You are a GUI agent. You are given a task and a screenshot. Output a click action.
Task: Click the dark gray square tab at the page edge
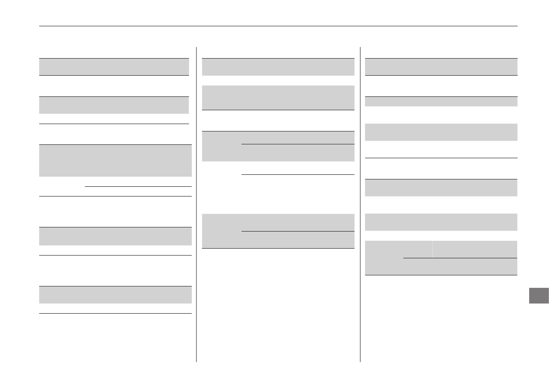(x=538, y=296)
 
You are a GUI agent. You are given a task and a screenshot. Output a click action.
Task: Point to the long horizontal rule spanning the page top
(x=278, y=26)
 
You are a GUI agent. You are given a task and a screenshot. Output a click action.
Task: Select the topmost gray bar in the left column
(x=114, y=66)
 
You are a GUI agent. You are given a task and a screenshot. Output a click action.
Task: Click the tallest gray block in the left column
(x=115, y=161)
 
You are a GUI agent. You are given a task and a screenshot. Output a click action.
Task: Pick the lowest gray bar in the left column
(x=115, y=295)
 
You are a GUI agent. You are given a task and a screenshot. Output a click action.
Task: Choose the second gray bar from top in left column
(x=114, y=105)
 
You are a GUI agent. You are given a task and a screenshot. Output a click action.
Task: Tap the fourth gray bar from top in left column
(x=115, y=236)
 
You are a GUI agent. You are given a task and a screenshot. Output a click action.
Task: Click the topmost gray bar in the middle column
(x=278, y=67)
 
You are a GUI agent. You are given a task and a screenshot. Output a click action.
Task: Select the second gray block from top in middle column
(x=278, y=97)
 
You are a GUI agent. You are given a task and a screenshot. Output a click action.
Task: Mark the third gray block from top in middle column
(x=278, y=146)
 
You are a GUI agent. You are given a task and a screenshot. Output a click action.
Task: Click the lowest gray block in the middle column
(x=278, y=231)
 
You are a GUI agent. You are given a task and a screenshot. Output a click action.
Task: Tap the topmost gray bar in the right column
(x=441, y=67)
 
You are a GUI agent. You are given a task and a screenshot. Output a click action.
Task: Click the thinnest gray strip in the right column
(x=441, y=101)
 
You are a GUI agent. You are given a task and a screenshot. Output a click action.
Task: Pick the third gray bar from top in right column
(x=441, y=132)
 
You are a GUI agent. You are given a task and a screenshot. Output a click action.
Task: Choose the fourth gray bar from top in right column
(x=441, y=188)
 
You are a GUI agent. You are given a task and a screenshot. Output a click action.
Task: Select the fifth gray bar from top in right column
(x=441, y=222)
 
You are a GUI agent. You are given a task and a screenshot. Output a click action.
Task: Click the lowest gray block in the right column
(x=441, y=258)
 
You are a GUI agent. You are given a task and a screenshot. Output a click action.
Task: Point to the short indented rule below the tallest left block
(x=138, y=186)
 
